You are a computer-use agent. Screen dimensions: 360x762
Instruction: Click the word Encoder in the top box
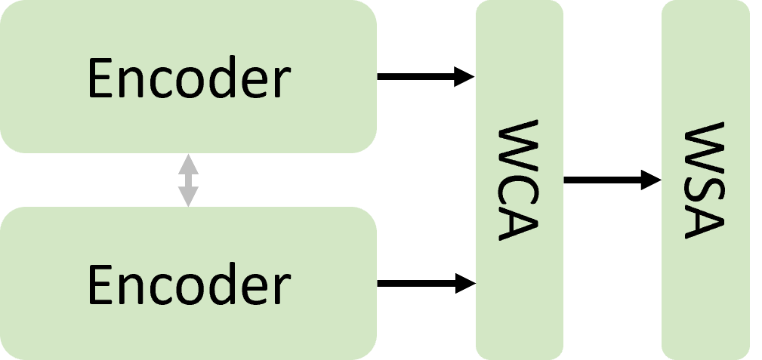[188, 78]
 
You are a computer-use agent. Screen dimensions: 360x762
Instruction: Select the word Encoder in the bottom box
[188, 285]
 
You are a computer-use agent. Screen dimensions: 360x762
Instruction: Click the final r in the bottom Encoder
[282, 289]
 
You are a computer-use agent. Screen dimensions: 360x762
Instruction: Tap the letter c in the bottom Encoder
[165, 289]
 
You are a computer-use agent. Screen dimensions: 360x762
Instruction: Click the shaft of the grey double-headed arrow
[188, 180]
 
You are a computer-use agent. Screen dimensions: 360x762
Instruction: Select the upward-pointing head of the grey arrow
[188, 163]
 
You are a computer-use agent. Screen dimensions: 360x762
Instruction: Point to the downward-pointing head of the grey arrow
[188, 197]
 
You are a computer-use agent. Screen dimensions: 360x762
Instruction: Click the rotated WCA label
[519, 180]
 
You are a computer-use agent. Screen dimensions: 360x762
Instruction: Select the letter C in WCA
[519, 186]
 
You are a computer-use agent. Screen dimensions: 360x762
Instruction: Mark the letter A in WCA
[519, 223]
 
